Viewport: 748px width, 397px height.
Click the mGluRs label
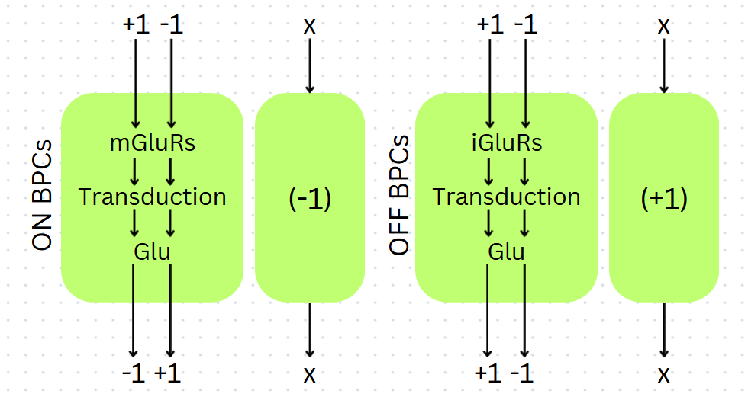[x=153, y=142]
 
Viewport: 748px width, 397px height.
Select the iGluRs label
[x=507, y=142]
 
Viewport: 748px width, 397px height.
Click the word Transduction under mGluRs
[x=153, y=197]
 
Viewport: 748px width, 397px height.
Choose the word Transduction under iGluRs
[x=507, y=197]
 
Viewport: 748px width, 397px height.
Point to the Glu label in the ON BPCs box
[x=153, y=251]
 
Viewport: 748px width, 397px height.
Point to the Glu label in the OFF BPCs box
[x=507, y=251]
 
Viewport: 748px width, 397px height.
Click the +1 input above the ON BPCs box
[x=136, y=24]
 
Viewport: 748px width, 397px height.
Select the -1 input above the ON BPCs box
[x=171, y=24]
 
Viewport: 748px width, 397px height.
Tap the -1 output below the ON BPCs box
[x=134, y=374]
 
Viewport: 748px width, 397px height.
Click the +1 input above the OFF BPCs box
[x=490, y=24]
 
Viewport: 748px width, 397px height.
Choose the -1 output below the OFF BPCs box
[x=524, y=374]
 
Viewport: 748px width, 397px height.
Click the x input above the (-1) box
[x=309, y=25]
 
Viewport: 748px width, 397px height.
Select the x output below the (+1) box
[x=664, y=374]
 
